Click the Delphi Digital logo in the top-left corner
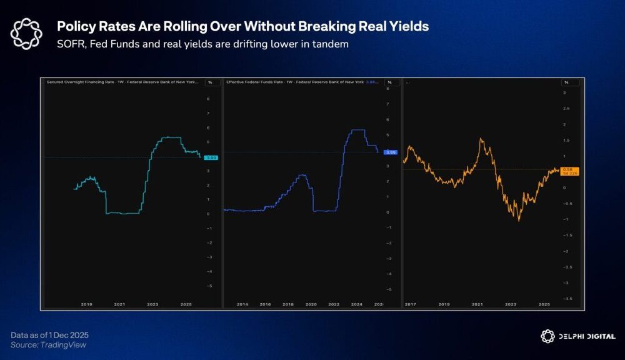pyautogui.click(x=27, y=34)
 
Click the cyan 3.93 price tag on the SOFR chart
pyautogui.click(x=212, y=158)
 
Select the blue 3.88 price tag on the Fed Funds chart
pyautogui.click(x=391, y=152)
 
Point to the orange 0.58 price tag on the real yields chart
pyautogui.click(x=569, y=170)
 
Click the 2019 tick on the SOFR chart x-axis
pyautogui.click(x=87, y=304)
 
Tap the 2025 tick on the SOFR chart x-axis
pyautogui.click(x=186, y=304)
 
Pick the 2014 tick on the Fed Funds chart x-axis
pyautogui.click(x=242, y=304)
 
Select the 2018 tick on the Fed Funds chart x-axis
pyautogui.click(x=288, y=304)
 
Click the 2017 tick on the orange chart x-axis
pyautogui.click(x=410, y=304)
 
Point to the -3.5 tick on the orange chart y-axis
pyautogui.click(x=567, y=299)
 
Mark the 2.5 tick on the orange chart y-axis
pyautogui.click(x=566, y=109)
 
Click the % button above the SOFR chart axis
pyautogui.click(x=211, y=82)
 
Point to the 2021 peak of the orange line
pyautogui.click(x=481, y=139)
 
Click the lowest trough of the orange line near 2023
pyautogui.click(x=518, y=220)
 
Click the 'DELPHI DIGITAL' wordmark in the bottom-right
pyautogui.click(x=586, y=336)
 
